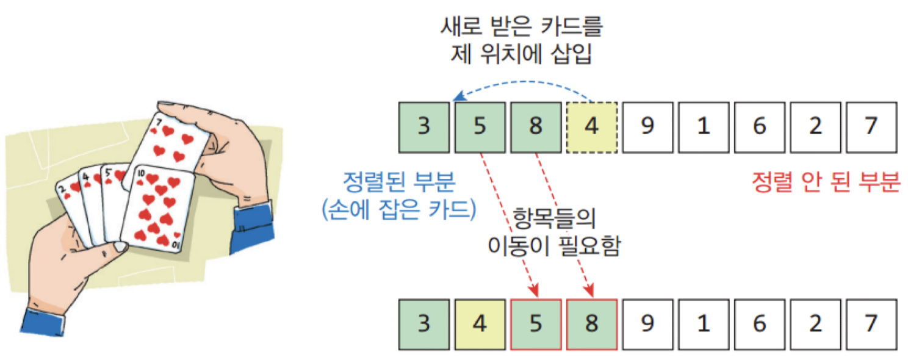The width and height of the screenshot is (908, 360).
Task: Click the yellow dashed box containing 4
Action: coord(591,127)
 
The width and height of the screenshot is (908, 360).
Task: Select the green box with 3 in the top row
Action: coord(423,127)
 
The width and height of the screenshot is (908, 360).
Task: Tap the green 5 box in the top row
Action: coord(480,127)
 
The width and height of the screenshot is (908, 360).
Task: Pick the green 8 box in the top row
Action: coord(535,127)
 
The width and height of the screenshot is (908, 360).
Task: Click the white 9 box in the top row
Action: coord(647,127)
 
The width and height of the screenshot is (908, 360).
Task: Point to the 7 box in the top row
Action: coord(871,127)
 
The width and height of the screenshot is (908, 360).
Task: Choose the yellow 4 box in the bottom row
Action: coord(480,324)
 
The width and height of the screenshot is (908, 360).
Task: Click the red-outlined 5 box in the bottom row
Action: coord(535,324)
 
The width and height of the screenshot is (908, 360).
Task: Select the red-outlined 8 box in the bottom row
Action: coord(591,324)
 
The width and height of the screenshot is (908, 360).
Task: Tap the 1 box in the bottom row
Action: coord(704,324)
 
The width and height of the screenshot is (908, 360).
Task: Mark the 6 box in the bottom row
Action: coord(759,324)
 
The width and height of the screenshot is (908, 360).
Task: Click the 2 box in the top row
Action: coord(815,127)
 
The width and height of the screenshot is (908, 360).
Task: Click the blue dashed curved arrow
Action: coord(525,85)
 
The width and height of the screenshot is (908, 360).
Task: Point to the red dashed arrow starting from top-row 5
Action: coord(506,220)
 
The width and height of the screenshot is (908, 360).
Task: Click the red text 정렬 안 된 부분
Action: coord(826,182)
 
